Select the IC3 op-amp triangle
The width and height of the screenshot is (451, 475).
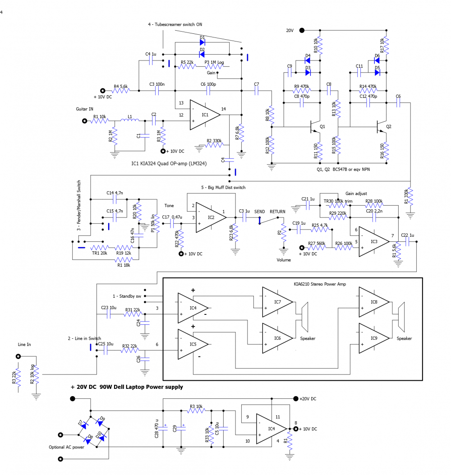pyautogui.click(x=373, y=242)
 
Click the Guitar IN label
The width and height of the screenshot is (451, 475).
pyautogui.click(x=85, y=109)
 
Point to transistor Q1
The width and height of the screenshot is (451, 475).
pyautogui.click(x=316, y=128)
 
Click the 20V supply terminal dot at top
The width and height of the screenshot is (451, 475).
pyautogui.click(x=302, y=30)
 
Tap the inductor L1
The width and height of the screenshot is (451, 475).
pyautogui.click(x=130, y=120)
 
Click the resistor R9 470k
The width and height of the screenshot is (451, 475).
pyautogui.click(x=302, y=91)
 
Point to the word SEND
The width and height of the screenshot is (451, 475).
pyautogui.click(x=260, y=212)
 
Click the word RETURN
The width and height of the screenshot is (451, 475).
pyautogui.click(x=278, y=212)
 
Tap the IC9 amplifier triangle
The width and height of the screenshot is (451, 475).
pyautogui.click(x=372, y=339)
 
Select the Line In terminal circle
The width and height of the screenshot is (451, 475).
pyautogui.click(x=18, y=356)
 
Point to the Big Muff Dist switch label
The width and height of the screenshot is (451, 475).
pyautogui.click(x=224, y=187)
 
